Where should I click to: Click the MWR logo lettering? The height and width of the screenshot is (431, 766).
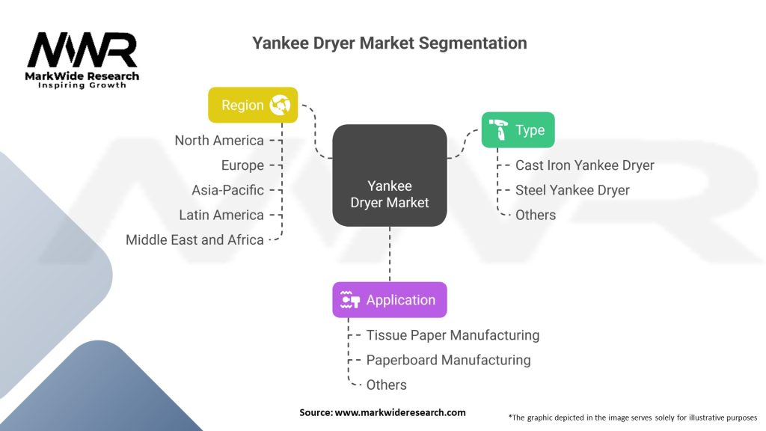click(82, 50)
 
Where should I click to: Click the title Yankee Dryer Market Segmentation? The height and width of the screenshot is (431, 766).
click(389, 43)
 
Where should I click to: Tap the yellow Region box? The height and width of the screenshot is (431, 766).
click(253, 105)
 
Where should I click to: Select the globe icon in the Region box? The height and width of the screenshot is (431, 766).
click(280, 105)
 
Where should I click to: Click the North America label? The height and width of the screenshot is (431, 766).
click(219, 140)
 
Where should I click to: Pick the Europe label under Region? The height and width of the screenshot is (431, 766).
click(242, 165)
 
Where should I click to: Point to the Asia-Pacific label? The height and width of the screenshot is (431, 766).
click(227, 190)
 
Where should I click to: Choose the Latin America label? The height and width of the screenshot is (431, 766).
click(221, 215)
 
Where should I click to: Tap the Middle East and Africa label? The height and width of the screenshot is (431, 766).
click(194, 240)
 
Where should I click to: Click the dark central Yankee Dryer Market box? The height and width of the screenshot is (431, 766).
click(390, 175)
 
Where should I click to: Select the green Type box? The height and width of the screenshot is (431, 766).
click(518, 130)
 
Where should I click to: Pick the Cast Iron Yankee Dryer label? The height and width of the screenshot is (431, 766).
click(585, 165)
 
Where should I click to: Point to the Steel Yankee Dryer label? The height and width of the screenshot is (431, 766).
click(572, 190)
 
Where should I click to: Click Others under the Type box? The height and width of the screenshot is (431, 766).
click(536, 215)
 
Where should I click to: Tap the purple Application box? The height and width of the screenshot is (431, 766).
click(390, 300)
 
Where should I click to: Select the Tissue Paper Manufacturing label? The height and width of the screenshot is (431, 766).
click(453, 335)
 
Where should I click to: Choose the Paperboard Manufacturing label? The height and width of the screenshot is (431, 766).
click(449, 360)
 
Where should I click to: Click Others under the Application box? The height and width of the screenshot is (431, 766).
click(387, 385)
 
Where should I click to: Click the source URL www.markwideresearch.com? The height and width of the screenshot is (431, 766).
click(400, 412)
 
